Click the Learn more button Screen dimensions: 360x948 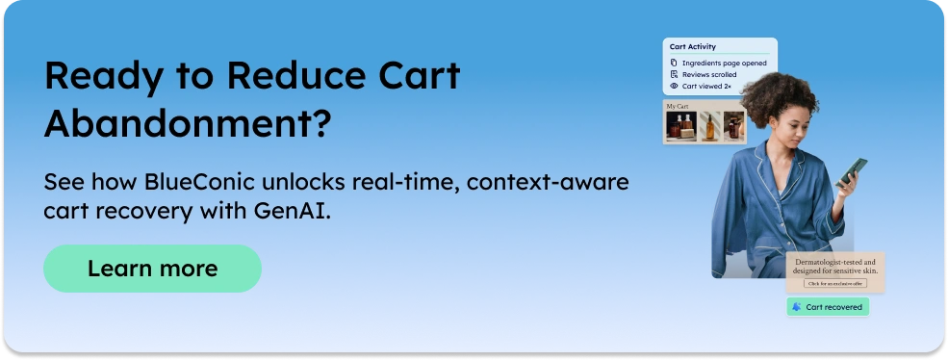pos(152,269)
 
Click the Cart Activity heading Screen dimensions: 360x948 pos(692,46)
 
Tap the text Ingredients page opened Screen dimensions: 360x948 pos(724,63)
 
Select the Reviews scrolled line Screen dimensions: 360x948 pos(709,74)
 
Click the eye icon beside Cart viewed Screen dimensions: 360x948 pos(674,86)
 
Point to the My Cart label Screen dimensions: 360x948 pos(678,106)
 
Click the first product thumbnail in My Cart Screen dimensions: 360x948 pos(679,126)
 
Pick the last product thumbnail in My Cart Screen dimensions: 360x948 pos(733,126)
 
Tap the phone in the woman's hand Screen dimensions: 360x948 pos(851,171)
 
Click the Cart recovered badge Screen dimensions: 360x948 pos(828,307)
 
